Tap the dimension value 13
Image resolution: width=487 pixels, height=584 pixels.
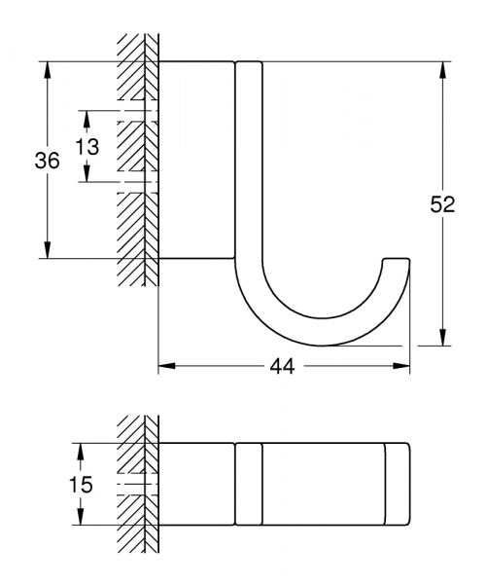(87, 146)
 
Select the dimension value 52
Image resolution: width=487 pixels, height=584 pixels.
(443, 205)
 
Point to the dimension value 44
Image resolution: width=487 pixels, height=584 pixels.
(284, 366)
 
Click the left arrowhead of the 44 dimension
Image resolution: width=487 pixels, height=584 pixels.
(165, 366)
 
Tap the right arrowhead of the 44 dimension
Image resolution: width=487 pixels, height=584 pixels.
(401, 366)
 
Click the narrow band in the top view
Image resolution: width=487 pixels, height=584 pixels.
(249, 484)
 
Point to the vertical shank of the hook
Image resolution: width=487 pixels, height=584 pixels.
(249, 165)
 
